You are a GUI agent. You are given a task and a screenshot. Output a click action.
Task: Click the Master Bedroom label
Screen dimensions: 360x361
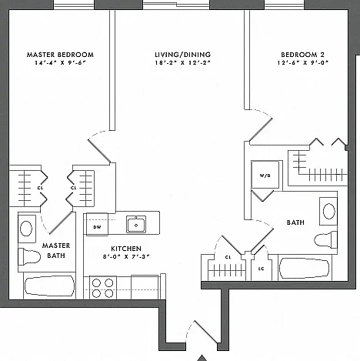[60, 55]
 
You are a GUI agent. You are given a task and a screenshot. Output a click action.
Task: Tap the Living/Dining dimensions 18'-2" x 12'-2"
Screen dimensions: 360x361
[182, 62]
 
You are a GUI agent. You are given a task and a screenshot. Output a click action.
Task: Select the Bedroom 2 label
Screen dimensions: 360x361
[302, 55]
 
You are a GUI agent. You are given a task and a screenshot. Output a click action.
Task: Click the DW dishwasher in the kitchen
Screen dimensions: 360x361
[97, 224]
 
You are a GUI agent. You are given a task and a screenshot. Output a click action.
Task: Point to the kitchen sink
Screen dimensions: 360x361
[136, 224]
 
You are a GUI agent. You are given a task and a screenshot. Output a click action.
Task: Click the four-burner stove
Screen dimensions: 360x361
[102, 288]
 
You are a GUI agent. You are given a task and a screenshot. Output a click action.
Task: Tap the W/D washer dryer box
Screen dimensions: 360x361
[265, 175]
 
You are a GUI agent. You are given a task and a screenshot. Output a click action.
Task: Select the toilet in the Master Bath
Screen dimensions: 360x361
[29, 256]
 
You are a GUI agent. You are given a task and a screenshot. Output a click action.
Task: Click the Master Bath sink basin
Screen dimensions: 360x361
[26, 228]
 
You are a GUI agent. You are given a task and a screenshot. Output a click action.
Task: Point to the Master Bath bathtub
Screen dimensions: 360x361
[49, 286]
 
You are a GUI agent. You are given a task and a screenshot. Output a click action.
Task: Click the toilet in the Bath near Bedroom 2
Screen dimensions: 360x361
[326, 239]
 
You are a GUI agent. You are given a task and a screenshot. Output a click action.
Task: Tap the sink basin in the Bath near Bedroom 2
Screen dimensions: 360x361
[328, 211]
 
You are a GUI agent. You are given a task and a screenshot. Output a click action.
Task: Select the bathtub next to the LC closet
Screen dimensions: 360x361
[305, 269]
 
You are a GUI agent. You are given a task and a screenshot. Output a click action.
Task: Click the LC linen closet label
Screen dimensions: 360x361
[261, 269]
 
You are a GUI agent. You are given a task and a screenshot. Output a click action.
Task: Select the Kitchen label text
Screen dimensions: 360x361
[126, 249]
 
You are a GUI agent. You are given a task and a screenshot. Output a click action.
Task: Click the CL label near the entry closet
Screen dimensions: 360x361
[228, 257]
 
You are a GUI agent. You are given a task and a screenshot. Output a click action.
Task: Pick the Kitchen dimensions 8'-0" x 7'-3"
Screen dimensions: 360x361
[126, 256]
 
